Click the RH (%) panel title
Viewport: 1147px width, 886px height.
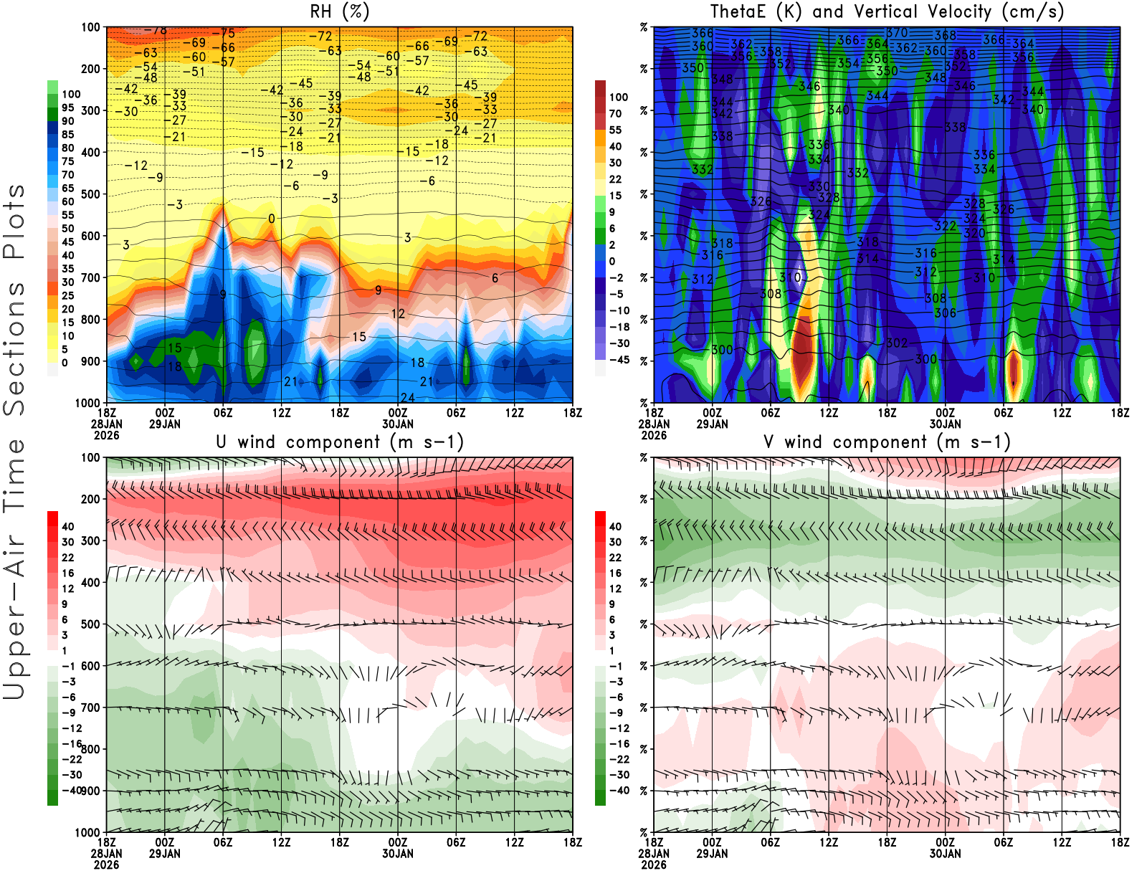click(x=339, y=11)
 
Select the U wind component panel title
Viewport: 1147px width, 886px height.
click(x=339, y=442)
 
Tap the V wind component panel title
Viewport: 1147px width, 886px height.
click(x=887, y=442)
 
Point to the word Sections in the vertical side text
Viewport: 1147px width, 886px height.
click(x=14, y=348)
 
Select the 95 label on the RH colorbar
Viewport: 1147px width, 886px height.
click(x=68, y=108)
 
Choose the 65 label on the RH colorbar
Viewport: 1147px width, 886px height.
click(x=68, y=188)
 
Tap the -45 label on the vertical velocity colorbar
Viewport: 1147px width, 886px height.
click(x=619, y=360)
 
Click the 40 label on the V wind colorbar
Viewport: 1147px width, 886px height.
click(x=615, y=526)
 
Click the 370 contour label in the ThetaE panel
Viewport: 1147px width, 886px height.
click(x=897, y=33)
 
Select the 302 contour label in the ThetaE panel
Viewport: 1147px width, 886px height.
click(x=897, y=343)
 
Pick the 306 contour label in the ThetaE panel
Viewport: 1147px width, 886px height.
click(x=945, y=313)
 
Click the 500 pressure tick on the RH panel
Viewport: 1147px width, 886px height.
click(x=91, y=194)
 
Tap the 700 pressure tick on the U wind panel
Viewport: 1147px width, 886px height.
click(x=91, y=708)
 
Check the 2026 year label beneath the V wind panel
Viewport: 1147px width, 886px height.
click(x=654, y=864)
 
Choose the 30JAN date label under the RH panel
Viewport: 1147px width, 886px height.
click(x=398, y=424)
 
